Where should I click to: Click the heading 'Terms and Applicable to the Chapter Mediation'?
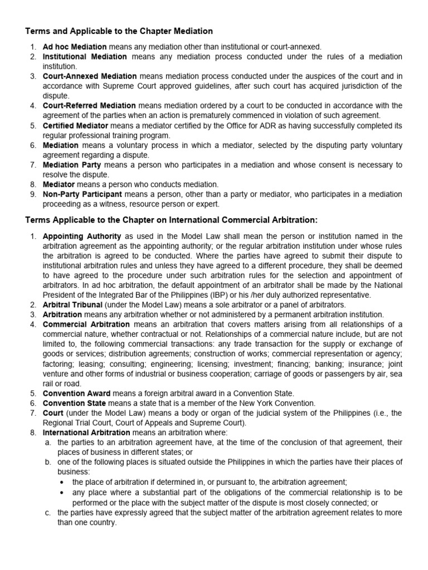(118, 31)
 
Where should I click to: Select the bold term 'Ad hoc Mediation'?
(75, 47)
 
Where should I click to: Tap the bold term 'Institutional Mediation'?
(85, 57)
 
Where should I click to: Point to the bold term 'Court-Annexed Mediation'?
(90, 76)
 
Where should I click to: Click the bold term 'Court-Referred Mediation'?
(89, 105)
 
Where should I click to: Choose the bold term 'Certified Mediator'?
(76, 125)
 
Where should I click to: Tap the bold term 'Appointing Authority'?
(82, 237)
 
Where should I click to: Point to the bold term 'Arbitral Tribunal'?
(72, 304)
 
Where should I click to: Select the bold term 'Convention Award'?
(76, 393)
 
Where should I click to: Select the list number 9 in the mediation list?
(33, 194)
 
